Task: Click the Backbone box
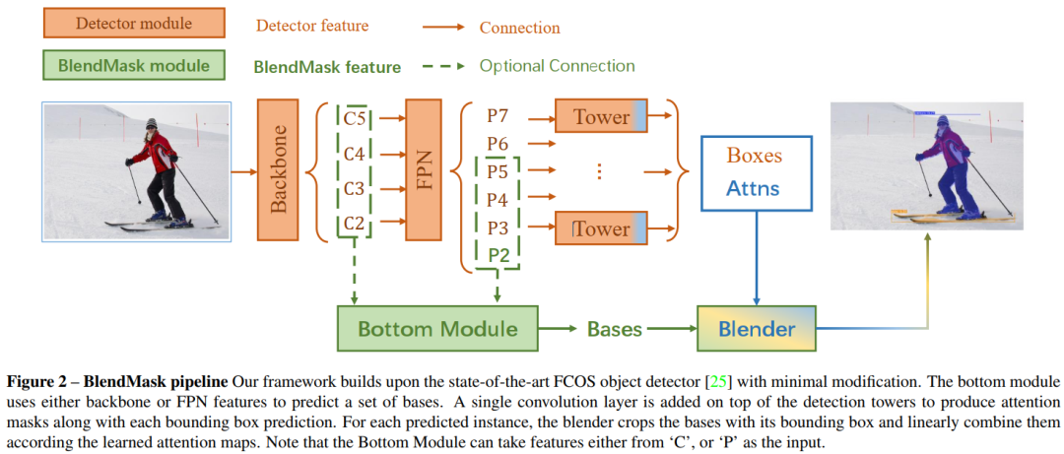tap(278, 168)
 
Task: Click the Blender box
tap(757, 328)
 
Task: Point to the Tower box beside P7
tap(601, 117)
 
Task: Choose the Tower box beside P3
tap(601, 228)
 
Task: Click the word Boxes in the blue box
tap(754, 156)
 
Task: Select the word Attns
tap(754, 187)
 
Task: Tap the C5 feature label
tap(355, 118)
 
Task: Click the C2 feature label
tap(355, 226)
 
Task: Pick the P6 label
tap(499, 144)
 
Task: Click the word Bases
tap(616, 328)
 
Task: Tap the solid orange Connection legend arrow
tap(443, 28)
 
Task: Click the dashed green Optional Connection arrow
tap(443, 67)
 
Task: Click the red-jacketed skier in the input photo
tap(156, 167)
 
